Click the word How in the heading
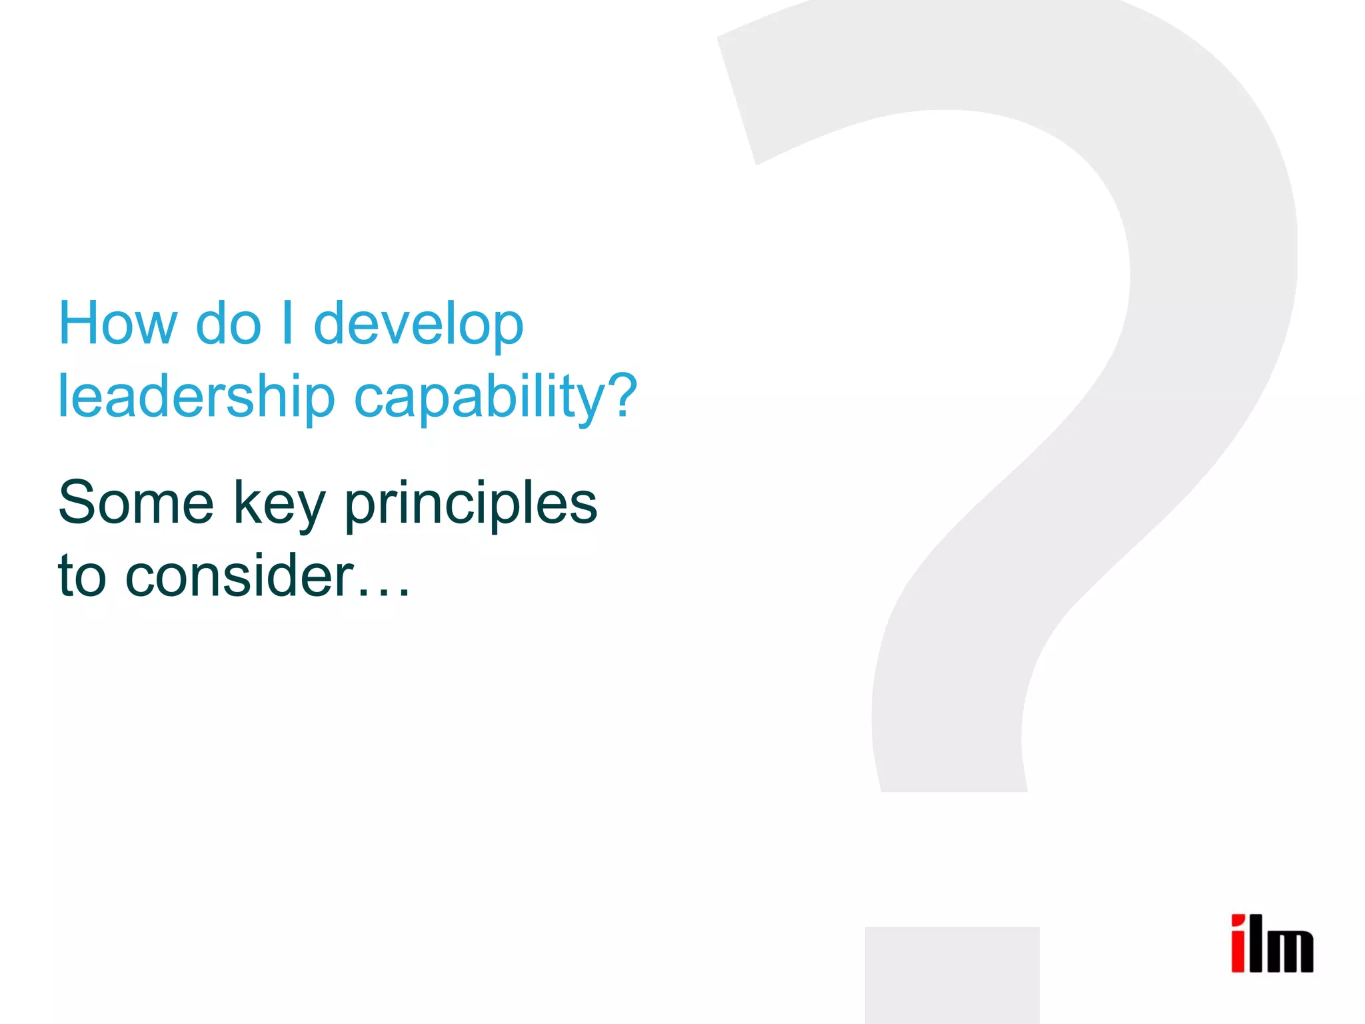(118, 323)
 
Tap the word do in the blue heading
(229, 323)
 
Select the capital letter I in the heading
(287, 323)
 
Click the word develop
(419, 325)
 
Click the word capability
(480, 397)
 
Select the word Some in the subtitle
(136, 503)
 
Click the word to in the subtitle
(82, 575)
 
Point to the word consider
(239, 575)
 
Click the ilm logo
(1272, 943)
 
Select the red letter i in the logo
(1238, 944)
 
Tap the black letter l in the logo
(1256, 943)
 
